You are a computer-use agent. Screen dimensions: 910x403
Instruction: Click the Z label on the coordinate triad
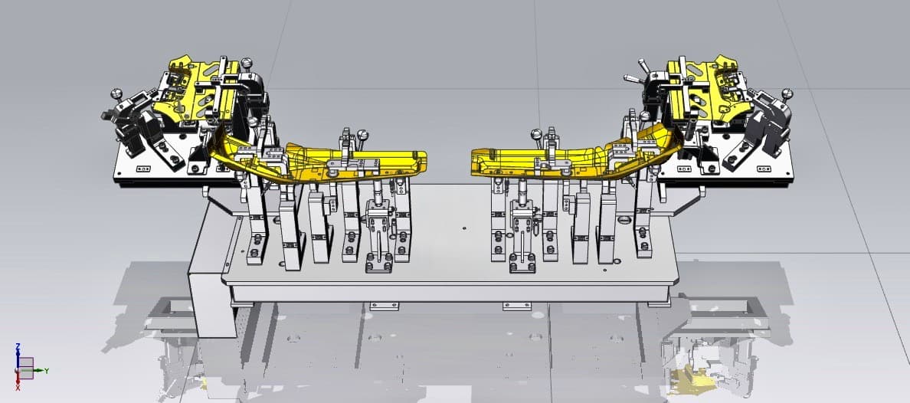18,346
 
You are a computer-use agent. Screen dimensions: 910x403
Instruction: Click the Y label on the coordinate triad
47,371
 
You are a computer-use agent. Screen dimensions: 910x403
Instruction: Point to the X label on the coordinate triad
18,388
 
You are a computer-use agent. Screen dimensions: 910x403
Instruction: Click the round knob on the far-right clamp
787,92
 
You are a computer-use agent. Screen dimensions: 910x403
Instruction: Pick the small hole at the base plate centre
465,228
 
